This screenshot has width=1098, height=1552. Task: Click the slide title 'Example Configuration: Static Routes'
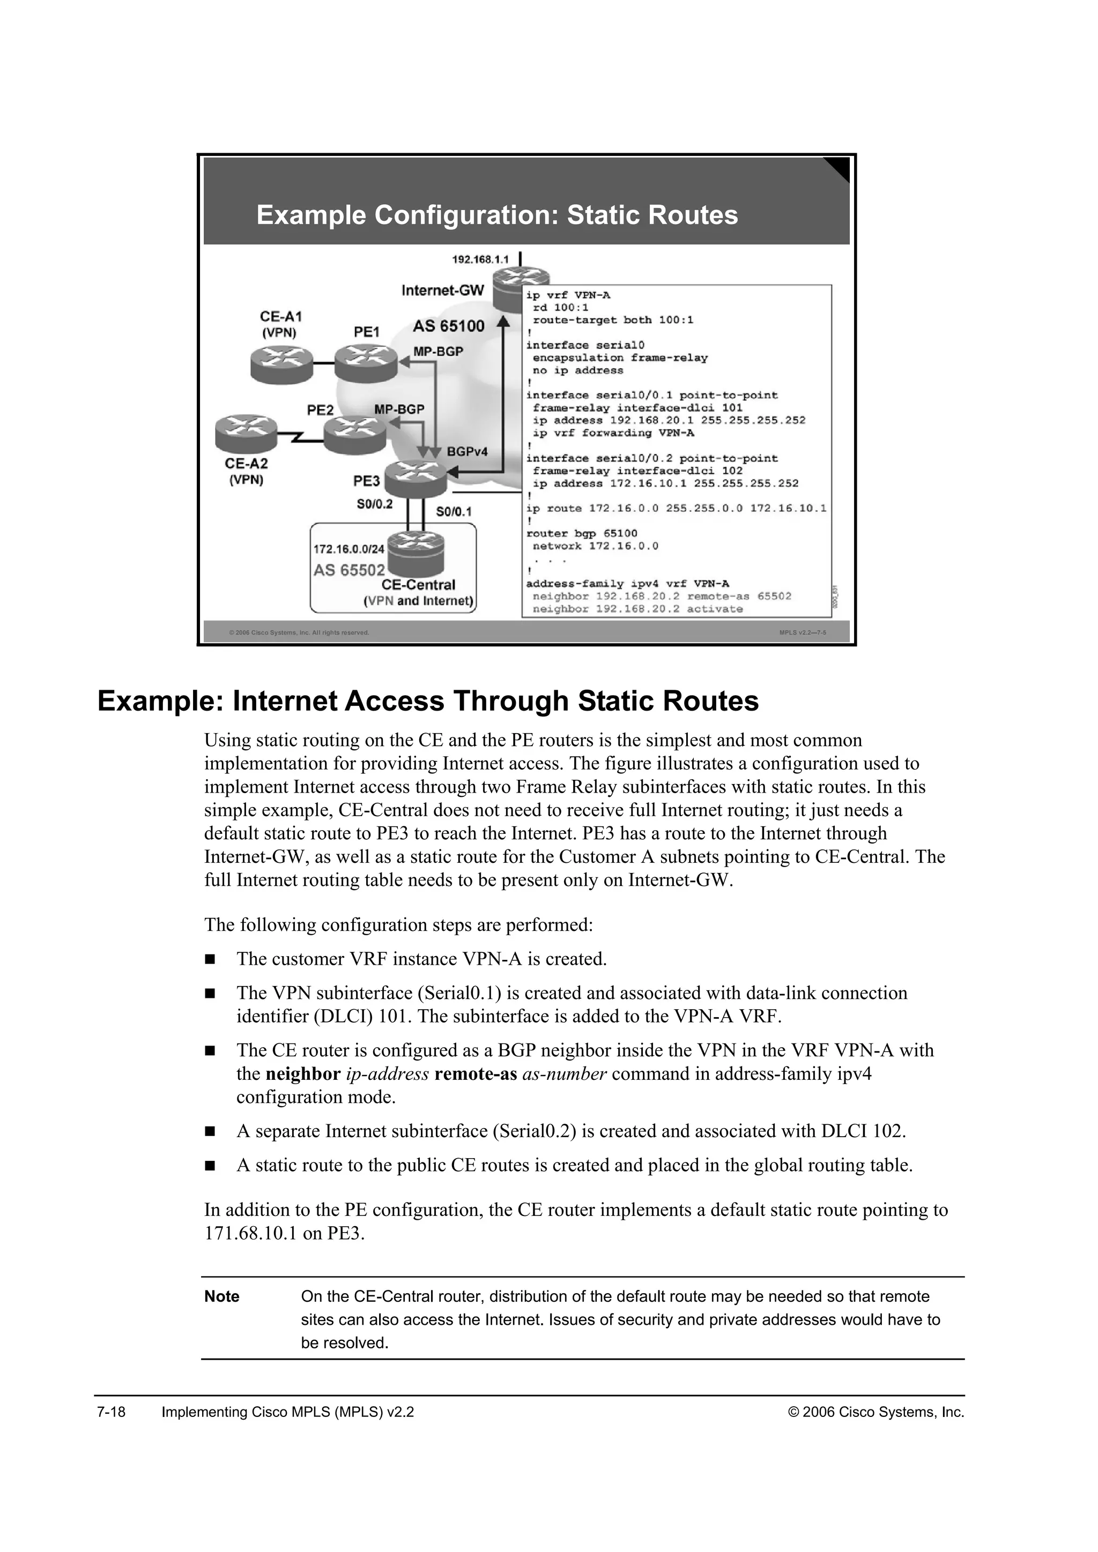point(497,215)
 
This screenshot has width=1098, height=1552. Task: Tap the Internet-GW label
point(443,290)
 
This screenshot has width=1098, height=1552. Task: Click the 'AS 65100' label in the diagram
point(449,326)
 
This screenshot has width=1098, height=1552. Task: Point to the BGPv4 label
point(467,451)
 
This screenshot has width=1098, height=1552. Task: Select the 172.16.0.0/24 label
point(348,549)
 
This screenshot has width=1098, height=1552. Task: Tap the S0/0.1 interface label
point(454,512)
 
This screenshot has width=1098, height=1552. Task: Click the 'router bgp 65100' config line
point(582,533)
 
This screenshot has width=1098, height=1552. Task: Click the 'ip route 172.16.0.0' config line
point(676,509)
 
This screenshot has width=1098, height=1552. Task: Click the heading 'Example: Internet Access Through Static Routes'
point(428,701)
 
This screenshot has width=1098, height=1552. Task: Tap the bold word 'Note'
point(222,1296)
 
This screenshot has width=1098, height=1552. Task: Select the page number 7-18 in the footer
point(112,1412)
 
